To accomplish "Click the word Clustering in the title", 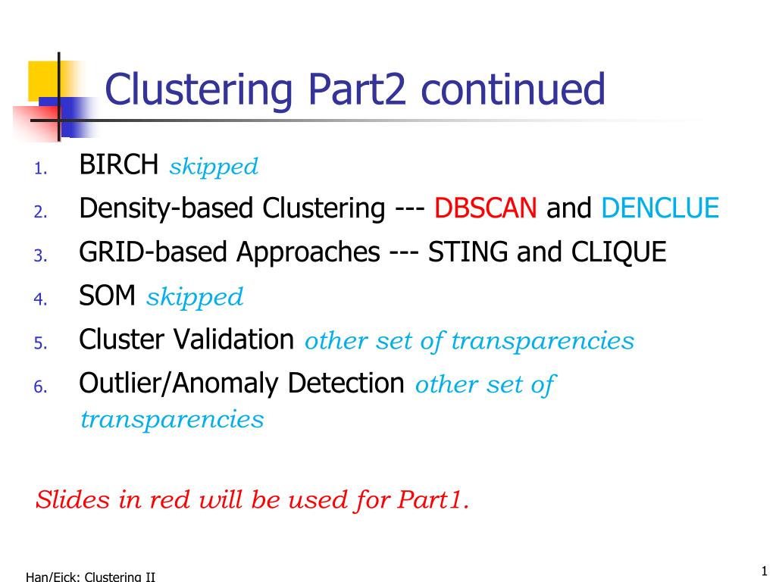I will pos(199,90).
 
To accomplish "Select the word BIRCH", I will pos(119,164).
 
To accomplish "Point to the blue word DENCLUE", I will pos(659,208).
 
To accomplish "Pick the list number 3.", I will pos(39,255).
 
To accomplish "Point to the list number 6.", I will pos(39,387).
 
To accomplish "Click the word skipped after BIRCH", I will pos(214,167).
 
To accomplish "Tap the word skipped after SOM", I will pos(195,298).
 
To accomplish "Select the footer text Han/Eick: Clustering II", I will pos(90,577).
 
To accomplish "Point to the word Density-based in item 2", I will pos(167,208).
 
